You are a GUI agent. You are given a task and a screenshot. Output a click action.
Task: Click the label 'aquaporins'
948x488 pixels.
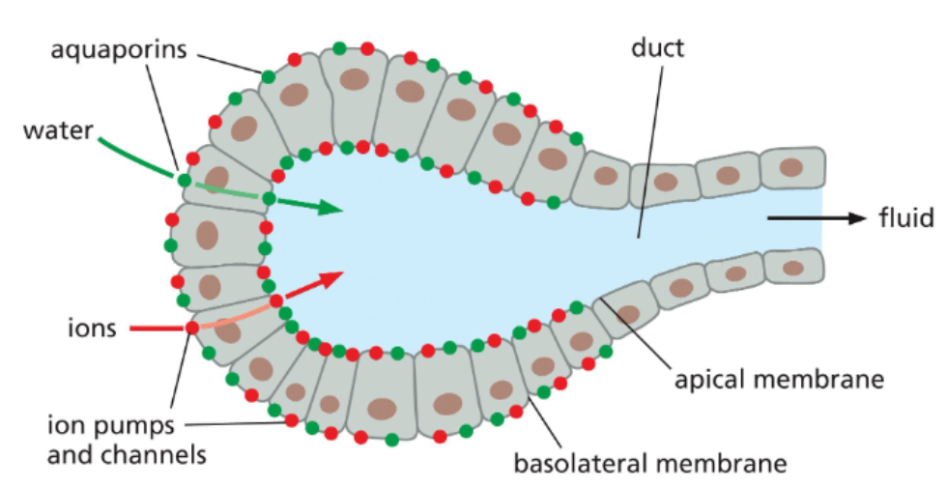(x=119, y=50)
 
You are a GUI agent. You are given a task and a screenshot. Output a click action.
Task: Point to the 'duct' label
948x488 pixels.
(x=656, y=48)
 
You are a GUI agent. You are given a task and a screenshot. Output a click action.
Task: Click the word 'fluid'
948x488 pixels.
(x=905, y=218)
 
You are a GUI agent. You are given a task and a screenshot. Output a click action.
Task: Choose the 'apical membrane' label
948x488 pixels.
(x=781, y=379)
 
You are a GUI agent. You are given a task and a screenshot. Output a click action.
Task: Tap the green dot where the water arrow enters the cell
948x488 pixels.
(x=185, y=180)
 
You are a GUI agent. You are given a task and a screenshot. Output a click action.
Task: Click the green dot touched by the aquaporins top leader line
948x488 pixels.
(x=268, y=74)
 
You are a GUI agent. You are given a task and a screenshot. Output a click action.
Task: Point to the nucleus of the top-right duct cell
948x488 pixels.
(x=791, y=167)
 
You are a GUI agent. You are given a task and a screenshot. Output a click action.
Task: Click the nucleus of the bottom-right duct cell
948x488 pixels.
(x=792, y=268)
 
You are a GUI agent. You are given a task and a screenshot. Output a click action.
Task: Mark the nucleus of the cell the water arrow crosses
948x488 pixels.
(x=216, y=178)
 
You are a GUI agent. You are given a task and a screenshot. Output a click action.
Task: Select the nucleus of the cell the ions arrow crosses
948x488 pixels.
(x=228, y=330)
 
